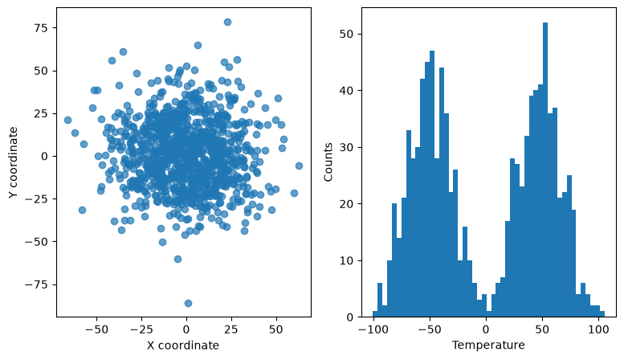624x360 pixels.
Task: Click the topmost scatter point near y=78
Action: pos(227,22)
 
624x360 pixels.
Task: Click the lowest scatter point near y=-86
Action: pos(188,304)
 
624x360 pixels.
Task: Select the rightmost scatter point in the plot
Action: pos(299,166)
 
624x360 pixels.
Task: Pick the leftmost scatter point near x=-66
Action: pos(67,120)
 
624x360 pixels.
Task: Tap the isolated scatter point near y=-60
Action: pos(178,260)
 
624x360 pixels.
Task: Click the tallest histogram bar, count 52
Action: pos(545,170)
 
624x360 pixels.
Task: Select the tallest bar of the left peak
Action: pos(432,184)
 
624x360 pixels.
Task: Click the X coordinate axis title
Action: pos(183,346)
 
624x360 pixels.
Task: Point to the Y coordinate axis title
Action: pos(13,162)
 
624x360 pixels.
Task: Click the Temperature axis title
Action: pos(488,345)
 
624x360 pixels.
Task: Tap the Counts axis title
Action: pos(328,162)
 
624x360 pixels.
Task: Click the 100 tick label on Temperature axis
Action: pos(598,329)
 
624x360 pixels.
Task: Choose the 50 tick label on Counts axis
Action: pos(348,35)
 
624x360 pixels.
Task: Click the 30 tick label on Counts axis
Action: pos(348,148)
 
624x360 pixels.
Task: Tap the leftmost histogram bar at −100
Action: pos(375,314)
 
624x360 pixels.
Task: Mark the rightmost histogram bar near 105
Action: pos(602,314)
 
